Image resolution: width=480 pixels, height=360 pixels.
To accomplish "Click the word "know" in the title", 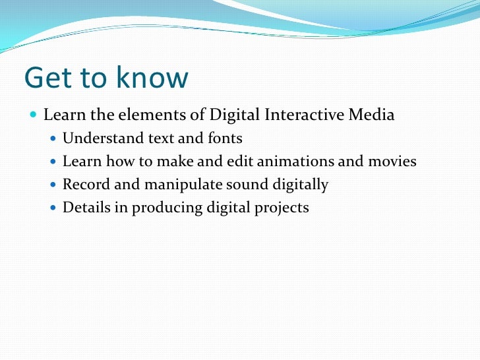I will pos(150,78).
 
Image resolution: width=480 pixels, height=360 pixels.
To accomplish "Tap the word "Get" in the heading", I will pos(47,78).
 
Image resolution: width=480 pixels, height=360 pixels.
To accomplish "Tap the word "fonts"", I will pos(224,138).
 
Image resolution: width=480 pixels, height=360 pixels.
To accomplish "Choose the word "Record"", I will pos(84,185).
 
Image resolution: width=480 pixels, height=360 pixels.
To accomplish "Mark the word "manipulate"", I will pos(172,185).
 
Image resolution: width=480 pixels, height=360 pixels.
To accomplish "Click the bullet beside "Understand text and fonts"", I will pos(54,139).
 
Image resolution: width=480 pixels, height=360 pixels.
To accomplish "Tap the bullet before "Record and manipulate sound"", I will pos(54,185).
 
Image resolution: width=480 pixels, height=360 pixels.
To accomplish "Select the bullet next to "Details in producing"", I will pos(54,208).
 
